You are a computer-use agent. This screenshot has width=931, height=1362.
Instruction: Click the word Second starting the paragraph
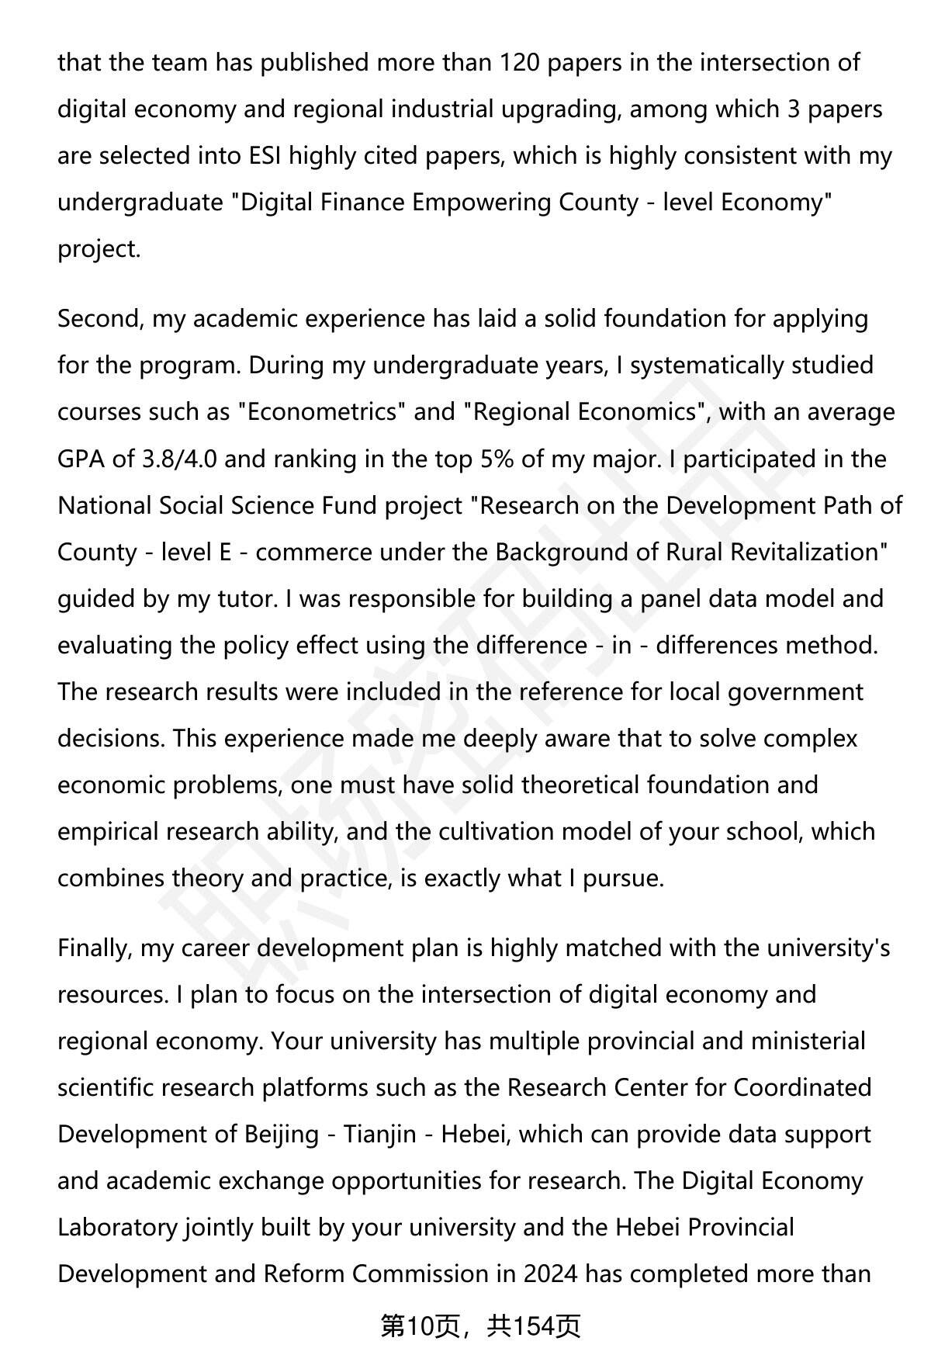coord(99,318)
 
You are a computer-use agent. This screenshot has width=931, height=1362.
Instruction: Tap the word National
coord(104,505)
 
